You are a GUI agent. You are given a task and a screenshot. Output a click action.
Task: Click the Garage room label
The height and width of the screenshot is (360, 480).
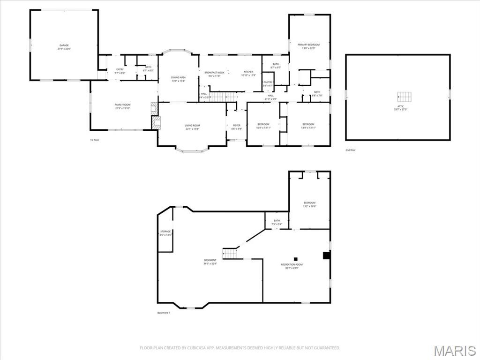64,47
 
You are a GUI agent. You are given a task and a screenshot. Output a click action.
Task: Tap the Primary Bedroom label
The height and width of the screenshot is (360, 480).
309,46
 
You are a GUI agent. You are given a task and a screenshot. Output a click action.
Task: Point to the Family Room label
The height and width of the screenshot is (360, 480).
122,106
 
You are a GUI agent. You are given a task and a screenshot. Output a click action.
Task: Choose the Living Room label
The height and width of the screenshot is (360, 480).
192,127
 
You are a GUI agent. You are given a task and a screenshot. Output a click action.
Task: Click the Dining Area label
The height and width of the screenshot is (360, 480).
179,79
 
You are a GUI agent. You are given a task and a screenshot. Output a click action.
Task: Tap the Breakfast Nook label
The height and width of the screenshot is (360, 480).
214,74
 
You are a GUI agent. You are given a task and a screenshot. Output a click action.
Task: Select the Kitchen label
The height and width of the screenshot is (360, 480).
248,74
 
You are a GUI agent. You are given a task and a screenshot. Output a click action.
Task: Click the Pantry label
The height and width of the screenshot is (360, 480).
268,83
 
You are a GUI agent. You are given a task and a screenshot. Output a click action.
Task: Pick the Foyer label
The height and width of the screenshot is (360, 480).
237,127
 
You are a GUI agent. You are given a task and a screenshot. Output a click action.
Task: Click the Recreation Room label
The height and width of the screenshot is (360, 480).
292,266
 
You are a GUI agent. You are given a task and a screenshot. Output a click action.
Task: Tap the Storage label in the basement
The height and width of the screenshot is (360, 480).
165,233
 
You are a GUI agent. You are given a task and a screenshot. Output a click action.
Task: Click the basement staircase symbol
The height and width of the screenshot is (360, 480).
230,253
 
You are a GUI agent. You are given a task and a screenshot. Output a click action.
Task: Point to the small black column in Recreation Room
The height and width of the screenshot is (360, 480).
296,258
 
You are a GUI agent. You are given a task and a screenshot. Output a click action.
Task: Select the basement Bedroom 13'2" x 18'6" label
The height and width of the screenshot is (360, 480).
309,204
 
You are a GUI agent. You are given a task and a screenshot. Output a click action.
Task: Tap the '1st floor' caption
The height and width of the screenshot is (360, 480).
95,140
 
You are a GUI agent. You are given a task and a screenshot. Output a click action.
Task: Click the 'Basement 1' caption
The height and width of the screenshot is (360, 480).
164,313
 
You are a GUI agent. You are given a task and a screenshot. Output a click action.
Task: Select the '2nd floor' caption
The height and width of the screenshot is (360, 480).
351,150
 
